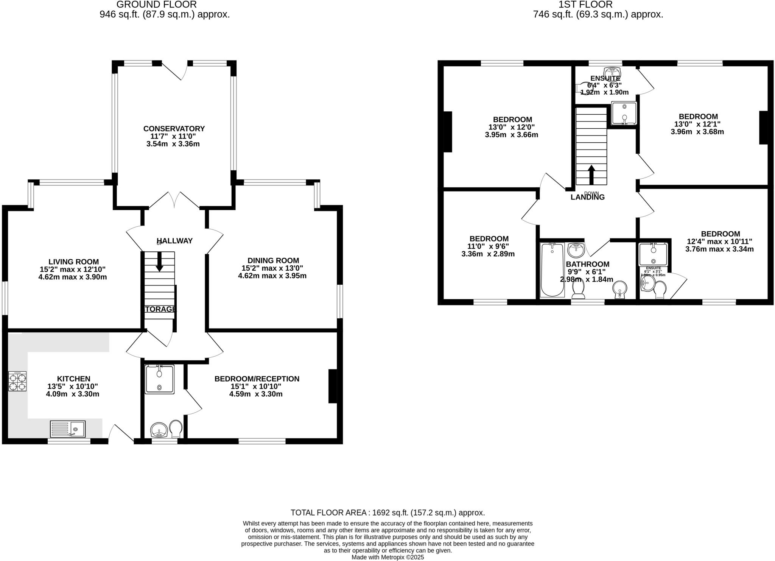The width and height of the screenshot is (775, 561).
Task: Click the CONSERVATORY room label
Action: (174, 129)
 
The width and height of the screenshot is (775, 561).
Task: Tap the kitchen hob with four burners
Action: (17, 381)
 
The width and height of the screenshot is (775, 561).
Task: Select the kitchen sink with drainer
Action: (68, 429)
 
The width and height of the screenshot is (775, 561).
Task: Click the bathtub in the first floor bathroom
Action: (552, 270)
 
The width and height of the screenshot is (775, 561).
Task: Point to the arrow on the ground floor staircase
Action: (159, 262)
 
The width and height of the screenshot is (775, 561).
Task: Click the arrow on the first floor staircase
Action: (591, 175)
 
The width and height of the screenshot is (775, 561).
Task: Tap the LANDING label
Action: (587, 197)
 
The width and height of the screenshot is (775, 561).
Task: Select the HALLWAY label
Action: (174, 241)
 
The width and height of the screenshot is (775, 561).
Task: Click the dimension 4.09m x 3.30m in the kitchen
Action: (73, 394)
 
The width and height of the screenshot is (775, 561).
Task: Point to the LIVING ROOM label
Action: (73, 262)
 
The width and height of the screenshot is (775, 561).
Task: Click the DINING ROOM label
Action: (273, 260)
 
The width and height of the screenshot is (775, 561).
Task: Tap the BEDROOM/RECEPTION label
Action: (257, 379)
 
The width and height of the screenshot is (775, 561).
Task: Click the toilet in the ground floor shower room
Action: (176, 428)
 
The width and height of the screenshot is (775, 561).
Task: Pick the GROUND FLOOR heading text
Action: (156, 5)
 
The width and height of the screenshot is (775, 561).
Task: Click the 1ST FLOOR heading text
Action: (585, 5)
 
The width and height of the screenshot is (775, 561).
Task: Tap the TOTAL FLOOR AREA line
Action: (387, 513)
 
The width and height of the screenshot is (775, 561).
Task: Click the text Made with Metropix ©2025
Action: (387, 557)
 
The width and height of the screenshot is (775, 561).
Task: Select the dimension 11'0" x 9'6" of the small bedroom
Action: (488, 246)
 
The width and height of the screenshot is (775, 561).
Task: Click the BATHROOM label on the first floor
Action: (587, 264)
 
